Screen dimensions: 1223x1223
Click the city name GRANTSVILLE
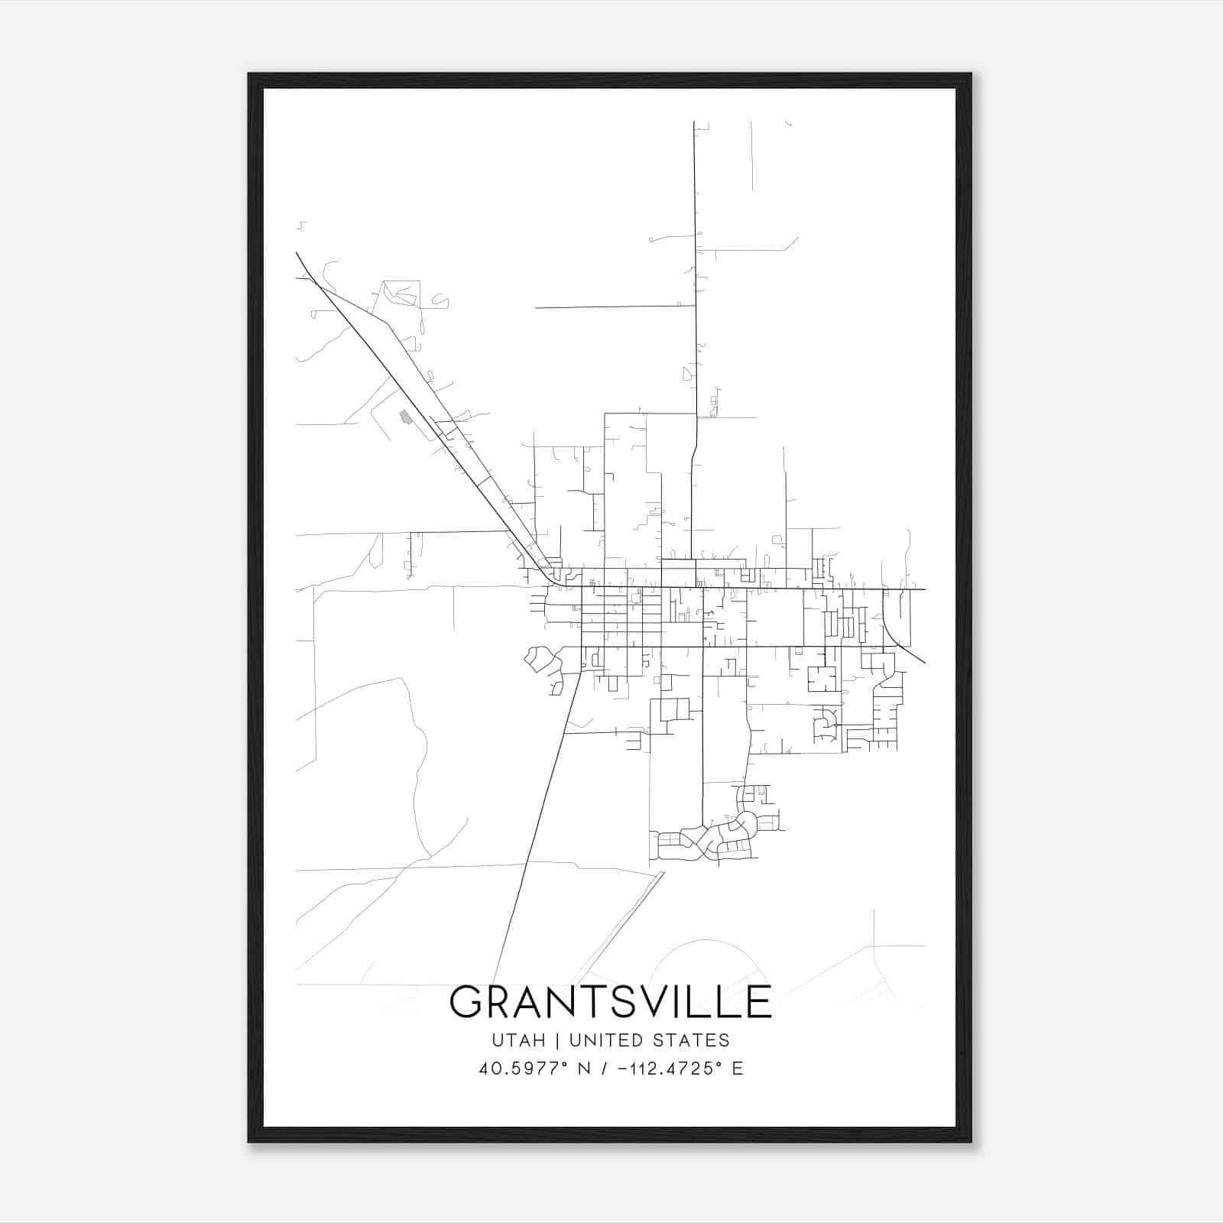pyautogui.click(x=610, y=1002)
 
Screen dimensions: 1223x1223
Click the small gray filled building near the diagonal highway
pyautogui.click(x=405, y=417)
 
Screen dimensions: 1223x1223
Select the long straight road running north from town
pyautogui.click(x=696, y=268)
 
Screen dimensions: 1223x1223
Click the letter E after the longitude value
pyautogui.click(x=738, y=1069)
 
